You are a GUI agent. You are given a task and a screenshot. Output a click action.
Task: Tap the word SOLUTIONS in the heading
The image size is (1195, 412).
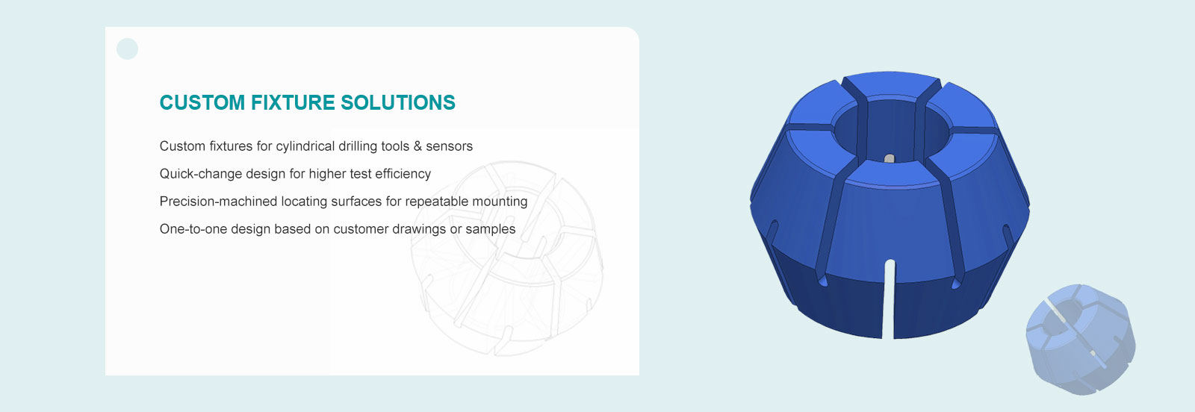(x=398, y=102)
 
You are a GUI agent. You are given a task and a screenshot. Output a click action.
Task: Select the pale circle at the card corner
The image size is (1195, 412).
(x=127, y=49)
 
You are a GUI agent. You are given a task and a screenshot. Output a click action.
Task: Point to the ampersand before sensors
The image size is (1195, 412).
(x=418, y=146)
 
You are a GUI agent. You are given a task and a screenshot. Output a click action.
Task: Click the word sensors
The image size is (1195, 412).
(x=449, y=146)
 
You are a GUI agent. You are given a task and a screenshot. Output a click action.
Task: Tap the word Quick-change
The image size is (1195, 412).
(x=201, y=175)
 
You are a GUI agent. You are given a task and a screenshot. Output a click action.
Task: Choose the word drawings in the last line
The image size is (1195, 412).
(x=419, y=229)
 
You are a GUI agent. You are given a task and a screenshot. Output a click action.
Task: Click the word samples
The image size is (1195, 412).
(x=490, y=229)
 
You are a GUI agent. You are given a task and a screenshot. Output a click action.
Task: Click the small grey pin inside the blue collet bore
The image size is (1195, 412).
(x=890, y=158)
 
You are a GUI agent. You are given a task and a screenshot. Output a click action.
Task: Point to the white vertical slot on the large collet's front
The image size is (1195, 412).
(x=889, y=299)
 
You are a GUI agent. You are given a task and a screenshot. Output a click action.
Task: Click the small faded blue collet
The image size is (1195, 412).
(x=1081, y=340)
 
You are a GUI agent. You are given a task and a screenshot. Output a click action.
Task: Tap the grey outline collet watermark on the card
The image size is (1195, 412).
(x=507, y=258)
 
